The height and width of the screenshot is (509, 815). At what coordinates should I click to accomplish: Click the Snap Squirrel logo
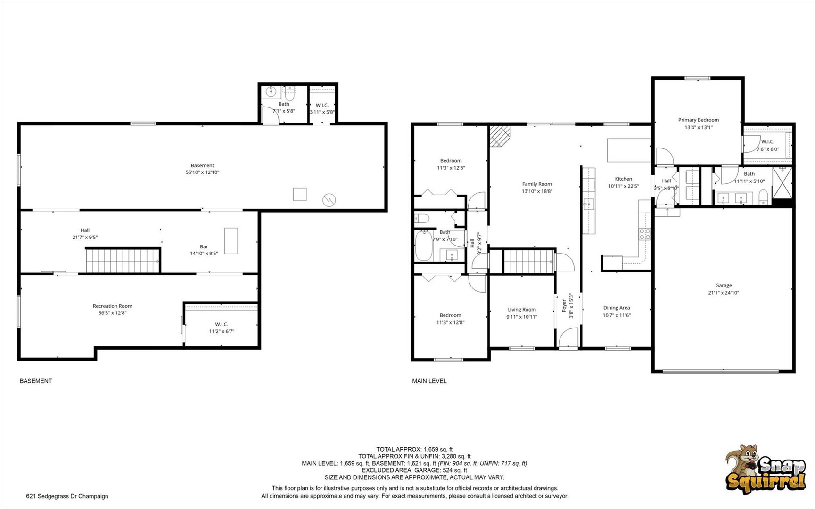tap(766, 469)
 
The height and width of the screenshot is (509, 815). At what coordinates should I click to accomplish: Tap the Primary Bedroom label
tap(699, 120)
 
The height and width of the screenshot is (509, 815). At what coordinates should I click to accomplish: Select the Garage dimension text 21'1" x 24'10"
tap(724, 293)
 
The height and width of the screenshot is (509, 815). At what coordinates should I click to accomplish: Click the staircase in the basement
tap(123, 261)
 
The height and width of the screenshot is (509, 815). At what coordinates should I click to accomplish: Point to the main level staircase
tap(528, 261)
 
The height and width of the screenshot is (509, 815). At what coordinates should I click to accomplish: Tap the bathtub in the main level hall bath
tap(424, 245)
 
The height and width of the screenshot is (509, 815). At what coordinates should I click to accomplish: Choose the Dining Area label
tap(617, 308)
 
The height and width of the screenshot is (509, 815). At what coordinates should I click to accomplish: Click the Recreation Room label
tap(112, 306)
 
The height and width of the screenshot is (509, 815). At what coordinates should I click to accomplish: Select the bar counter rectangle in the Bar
tap(231, 241)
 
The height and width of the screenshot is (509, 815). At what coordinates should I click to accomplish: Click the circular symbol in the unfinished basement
tap(329, 200)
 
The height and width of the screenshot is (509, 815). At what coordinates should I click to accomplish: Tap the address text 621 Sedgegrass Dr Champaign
tap(67, 496)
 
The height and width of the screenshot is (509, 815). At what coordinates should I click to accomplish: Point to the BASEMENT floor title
tap(36, 381)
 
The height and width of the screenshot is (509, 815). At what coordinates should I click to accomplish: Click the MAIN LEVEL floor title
tap(429, 381)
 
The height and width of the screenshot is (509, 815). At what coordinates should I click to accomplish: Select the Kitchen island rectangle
tap(629, 150)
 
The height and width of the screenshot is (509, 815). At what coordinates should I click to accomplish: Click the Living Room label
tap(522, 310)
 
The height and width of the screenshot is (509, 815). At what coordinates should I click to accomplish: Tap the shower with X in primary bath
tap(782, 184)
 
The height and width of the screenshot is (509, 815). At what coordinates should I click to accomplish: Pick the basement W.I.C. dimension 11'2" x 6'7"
tap(222, 331)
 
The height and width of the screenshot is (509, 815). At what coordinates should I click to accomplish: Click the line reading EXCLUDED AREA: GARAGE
tap(414, 470)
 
